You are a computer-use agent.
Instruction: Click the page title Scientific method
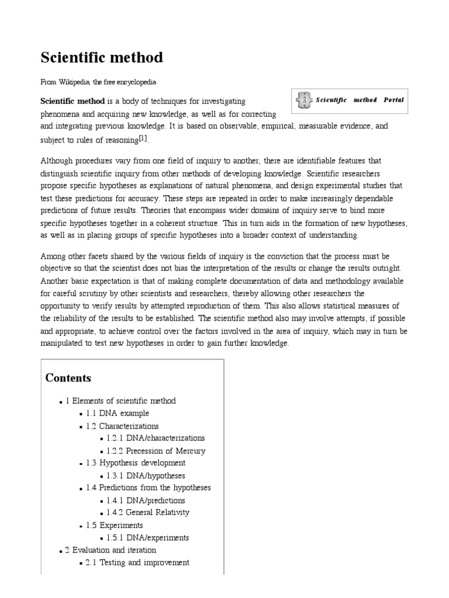click(102, 58)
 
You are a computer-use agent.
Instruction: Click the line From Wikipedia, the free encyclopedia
click(98, 82)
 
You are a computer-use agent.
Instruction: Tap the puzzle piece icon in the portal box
click(303, 100)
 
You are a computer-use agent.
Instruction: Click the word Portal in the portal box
click(393, 100)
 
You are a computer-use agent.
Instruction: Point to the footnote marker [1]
click(143, 138)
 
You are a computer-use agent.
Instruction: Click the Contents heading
click(68, 378)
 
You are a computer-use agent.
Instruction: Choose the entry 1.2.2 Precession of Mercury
click(156, 450)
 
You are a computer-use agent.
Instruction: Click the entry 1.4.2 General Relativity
click(148, 512)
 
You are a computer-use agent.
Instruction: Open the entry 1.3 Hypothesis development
click(135, 463)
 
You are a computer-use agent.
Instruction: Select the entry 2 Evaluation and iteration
click(110, 550)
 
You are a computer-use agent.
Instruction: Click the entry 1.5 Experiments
click(114, 525)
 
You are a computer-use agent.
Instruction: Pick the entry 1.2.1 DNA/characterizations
click(156, 437)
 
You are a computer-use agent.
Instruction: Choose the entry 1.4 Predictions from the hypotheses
click(148, 487)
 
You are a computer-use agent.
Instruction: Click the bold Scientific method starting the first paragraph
click(72, 101)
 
